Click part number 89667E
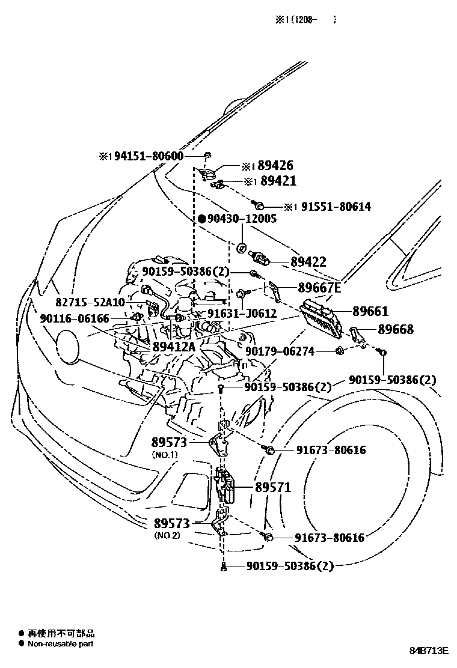(x=320, y=288)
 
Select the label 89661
(x=370, y=311)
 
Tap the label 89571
(x=272, y=488)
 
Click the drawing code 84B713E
(x=429, y=651)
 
